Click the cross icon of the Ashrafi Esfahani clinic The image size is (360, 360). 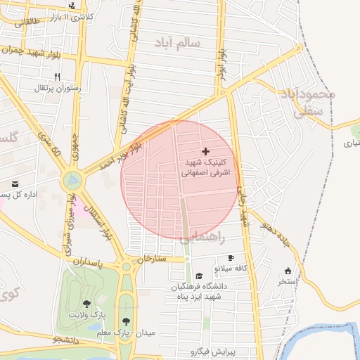point(205,151)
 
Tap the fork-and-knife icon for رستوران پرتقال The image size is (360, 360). point(58,77)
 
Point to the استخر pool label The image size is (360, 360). point(288,282)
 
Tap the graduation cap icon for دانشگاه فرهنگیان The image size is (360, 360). point(199,276)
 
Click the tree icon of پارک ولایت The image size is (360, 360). point(86,304)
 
